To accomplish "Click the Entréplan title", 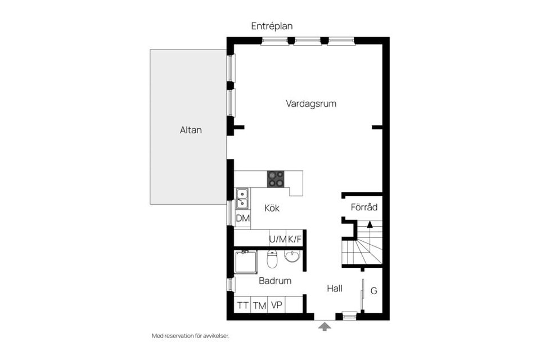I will (x=272, y=26).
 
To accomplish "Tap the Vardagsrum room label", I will (x=311, y=103).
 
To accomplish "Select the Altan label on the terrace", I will (x=191, y=130).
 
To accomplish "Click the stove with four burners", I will (x=276, y=179).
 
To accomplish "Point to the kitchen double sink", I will (x=242, y=198).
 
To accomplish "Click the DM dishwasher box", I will (x=242, y=218).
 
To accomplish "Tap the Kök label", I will (x=272, y=208).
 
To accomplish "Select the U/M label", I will (x=277, y=239).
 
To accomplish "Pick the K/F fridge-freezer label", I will (x=295, y=239).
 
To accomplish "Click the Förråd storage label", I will (x=364, y=207).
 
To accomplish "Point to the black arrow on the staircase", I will (x=370, y=224).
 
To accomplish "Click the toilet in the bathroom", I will (x=272, y=260).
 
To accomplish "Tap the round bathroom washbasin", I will (x=292, y=257).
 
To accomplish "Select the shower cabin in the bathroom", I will (x=245, y=262).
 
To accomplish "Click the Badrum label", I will (x=274, y=280).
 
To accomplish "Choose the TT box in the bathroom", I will (x=242, y=305).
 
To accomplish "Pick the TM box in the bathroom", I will (x=259, y=305).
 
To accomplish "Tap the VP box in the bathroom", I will (x=276, y=305).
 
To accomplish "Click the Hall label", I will (x=335, y=288).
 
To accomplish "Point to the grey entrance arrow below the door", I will (x=325, y=326).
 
